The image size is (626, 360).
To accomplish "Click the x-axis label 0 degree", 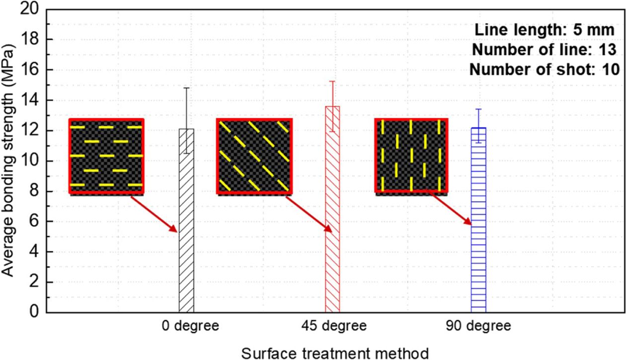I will (x=190, y=326).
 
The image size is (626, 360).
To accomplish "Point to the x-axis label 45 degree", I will (x=334, y=326).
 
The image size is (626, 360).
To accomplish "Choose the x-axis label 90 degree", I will (x=478, y=326).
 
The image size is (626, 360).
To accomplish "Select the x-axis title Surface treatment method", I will (x=335, y=353).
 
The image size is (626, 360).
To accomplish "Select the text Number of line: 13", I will (x=544, y=50).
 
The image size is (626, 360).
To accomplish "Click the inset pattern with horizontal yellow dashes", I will (x=106, y=156).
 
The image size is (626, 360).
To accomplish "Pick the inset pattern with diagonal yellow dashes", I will (x=253, y=156).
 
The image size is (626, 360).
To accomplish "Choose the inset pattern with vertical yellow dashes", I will (x=411, y=156).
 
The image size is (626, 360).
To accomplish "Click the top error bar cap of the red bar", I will (x=332, y=81).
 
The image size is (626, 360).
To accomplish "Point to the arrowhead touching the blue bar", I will (x=468, y=222).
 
